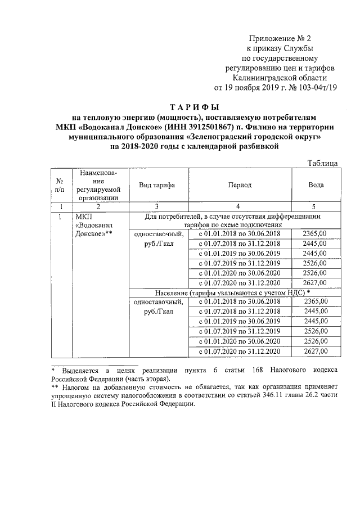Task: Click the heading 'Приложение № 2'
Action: click(280, 38)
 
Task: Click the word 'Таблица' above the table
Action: click(322, 163)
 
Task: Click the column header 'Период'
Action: click(240, 185)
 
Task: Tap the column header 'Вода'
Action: click(316, 185)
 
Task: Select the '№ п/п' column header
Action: click(60, 186)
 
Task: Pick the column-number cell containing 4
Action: click(238, 206)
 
